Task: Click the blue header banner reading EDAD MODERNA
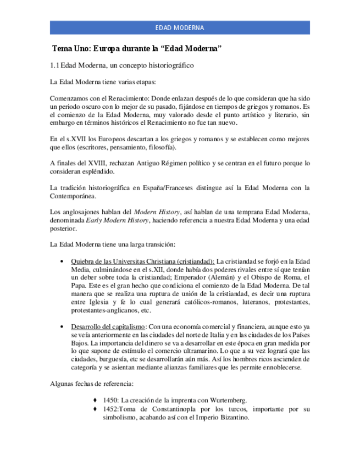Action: click(180, 27)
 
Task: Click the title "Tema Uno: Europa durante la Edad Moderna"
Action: click(136, 49)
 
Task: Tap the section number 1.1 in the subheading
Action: click(54, 65)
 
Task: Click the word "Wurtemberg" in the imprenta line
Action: click(229, 400)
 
